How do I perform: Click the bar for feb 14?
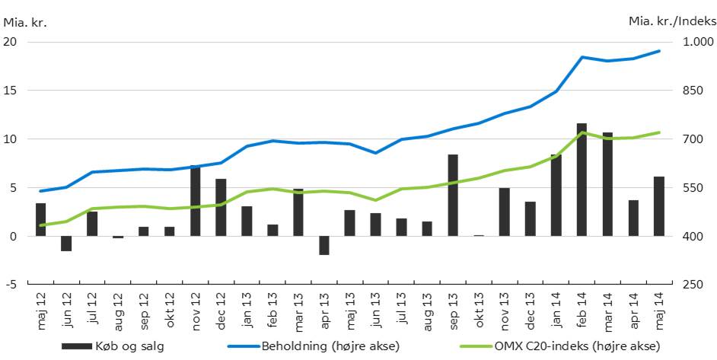(x=582, y=180)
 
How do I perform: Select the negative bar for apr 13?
(x=324, y=245)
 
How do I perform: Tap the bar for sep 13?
(x=453, y=196)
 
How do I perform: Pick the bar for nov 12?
(x=196, y=201)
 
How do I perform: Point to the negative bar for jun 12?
(x=66, y=244)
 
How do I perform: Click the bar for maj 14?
(x=659, y=206)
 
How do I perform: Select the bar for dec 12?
(x=221, y=207)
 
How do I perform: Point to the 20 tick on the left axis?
(x=11, y=42)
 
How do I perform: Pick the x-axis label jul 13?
(x=401, y=308)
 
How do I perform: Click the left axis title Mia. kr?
(x=25, y=22)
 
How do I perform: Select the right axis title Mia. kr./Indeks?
(x=671, y=22)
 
